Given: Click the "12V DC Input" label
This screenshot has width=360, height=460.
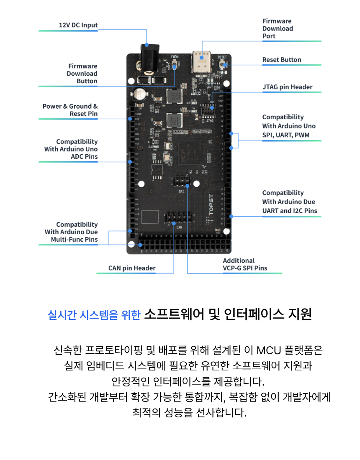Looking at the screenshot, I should pos(78,25).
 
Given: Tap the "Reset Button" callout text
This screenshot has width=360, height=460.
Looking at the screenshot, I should pos(282,60).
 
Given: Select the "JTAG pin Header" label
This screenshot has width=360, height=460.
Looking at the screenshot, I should pos(287,87).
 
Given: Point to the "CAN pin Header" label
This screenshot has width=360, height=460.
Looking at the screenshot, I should pos(132,268).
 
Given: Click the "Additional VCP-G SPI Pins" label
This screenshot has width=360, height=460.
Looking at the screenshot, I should pos(245,264).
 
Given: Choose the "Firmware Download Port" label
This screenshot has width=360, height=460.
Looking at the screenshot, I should pos(278,28).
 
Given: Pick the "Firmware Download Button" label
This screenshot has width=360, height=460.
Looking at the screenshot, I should pos(82,74).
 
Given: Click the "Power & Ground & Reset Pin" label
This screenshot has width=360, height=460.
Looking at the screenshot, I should pos(70,110).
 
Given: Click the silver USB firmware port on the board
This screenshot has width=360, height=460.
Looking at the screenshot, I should pos(201,59).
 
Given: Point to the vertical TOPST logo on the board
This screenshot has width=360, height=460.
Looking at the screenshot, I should pos(211,204).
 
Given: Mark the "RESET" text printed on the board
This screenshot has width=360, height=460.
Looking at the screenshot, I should pos(222,57).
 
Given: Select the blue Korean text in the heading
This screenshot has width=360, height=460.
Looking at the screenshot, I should pos(94,314).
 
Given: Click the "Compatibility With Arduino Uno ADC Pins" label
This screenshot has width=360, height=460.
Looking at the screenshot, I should pos(71,149).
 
